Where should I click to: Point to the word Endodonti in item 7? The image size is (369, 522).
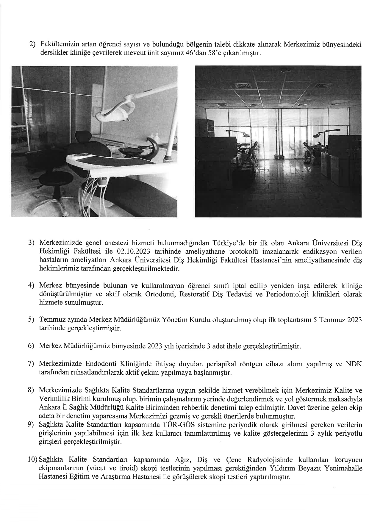click(x=101, y=364)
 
